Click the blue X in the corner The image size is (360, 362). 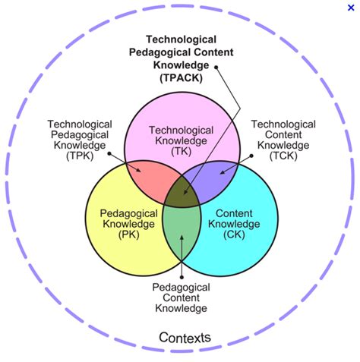pyautogui.click(x=349, y=7)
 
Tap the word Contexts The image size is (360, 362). pyautogui.click(x=185, y=336)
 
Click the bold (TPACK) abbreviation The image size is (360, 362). pyautogui.click(x=181, y=77)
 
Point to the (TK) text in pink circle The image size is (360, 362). pyautogui.click(x=181, y=150)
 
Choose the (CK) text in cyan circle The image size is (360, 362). pyautogui.click(x=235, y=235)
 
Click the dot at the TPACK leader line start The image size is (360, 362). pyautogui.click(x=216, y=67)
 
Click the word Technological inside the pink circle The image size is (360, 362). pyautogui.click(x=181, y=129)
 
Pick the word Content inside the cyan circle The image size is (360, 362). pyautogui.click(x=235, y=213)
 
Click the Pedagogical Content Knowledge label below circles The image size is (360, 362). pyautogui.click(x=181, y=297)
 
